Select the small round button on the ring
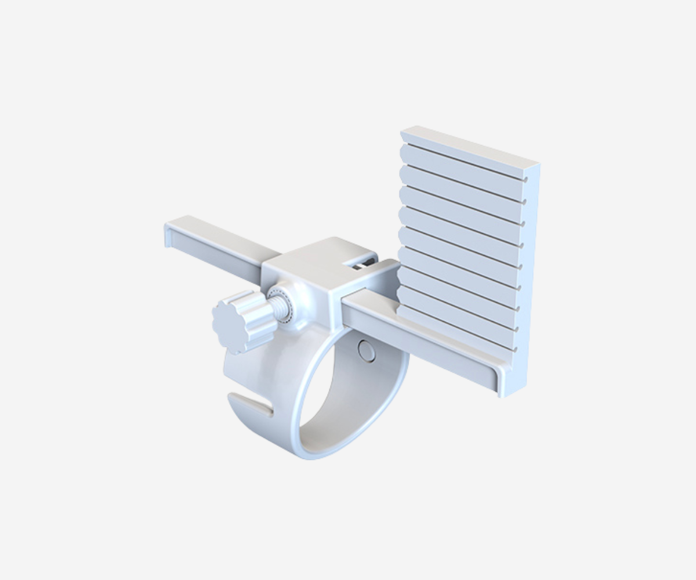(x=367, y=351)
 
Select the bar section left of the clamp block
(x=220, y=244)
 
